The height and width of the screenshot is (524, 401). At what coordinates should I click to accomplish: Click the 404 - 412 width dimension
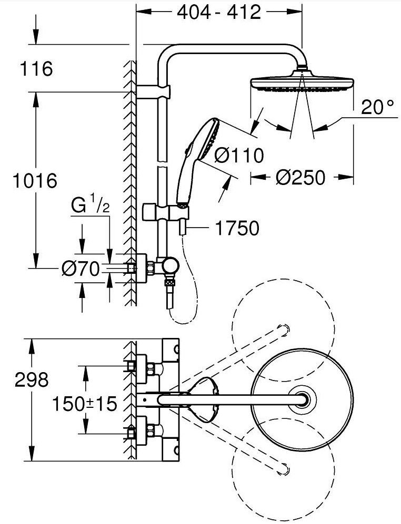(219, 13)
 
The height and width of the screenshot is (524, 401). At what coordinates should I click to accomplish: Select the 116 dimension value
(36, 68)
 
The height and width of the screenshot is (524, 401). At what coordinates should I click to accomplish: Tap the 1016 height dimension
(35, 181)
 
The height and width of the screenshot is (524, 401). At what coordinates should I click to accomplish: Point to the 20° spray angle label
(377, 108)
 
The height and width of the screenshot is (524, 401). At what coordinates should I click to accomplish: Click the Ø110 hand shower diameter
(239, 156)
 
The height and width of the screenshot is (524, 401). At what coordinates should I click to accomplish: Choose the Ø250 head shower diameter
(300, 177)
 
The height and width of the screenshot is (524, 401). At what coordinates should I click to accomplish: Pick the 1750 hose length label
(237, 228)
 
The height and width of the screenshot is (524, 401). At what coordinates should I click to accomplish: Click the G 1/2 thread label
(90, 206)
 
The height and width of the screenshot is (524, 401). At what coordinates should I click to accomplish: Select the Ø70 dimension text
(81, 269)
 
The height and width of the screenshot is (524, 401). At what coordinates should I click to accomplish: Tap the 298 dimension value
(32, 379)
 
